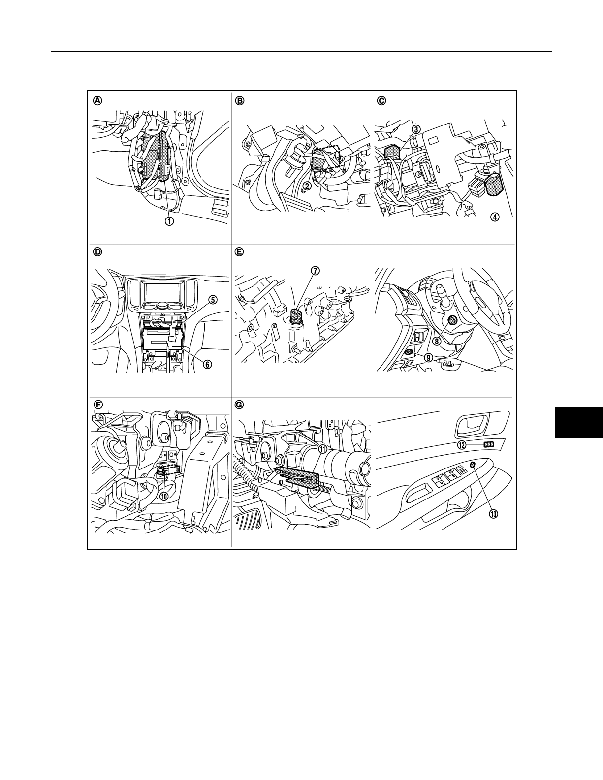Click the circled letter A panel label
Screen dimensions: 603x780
[97, 101]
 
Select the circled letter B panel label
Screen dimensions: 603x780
[239, 101]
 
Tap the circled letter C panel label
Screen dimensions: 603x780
[381, 101]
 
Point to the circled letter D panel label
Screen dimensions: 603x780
[97, 252]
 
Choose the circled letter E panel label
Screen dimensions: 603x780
[239, 252]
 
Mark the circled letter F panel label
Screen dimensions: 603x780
[97, 405]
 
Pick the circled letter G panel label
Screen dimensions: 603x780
[239, 405]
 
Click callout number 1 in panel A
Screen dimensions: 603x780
[169, 221]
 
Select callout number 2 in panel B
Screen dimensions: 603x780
[307, 186]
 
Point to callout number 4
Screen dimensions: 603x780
[495, 217]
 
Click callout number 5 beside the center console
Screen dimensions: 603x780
[213, 300]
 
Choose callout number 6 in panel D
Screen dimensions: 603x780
[207, 364]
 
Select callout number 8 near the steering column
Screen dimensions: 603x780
[436, 341]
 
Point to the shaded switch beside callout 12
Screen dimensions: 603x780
[488, 444]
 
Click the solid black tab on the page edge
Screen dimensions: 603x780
[579, 423]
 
